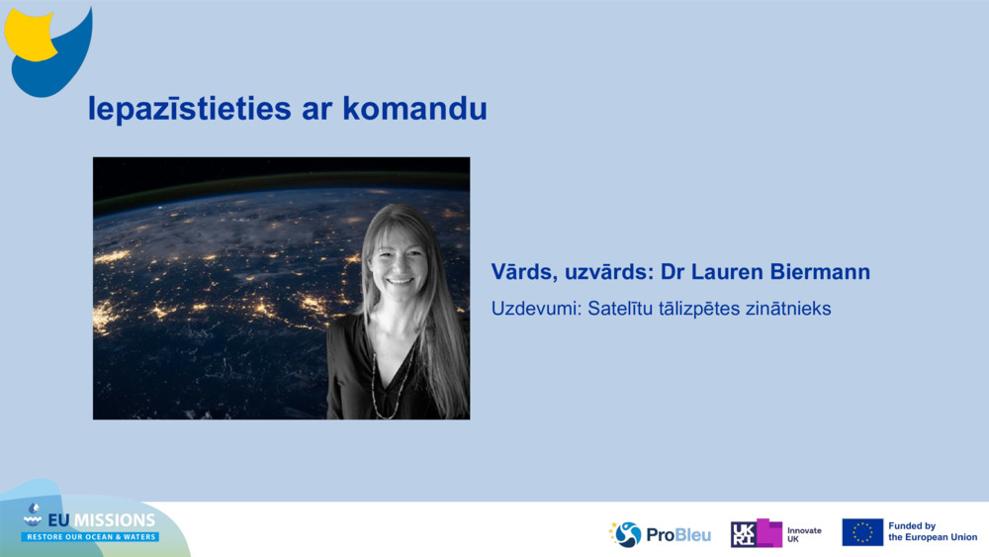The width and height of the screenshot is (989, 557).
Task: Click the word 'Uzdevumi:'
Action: pyautogui.click(x=535, y=309)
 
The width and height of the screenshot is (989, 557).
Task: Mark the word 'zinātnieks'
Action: pyautogui.click(x=790, y=309)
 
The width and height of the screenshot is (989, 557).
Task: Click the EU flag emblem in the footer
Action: pyautogui.click(x=862, y=532)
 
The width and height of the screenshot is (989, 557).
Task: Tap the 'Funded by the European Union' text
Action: pyautogui.click(x=933, y=532)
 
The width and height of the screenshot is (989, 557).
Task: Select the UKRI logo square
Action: pyautogui.click(x=757, y=533)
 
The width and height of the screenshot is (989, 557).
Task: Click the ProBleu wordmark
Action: pyautogui.click(x=678, y=535)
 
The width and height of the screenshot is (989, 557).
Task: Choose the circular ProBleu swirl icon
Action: pyautogui.click(x=627, y=534)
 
